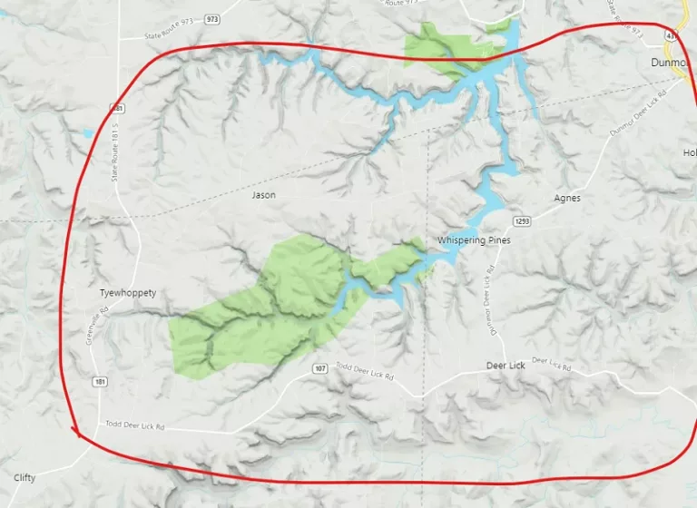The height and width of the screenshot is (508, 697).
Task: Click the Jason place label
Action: tap(263, 195)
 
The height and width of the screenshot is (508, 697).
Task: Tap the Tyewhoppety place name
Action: tap(128, 293)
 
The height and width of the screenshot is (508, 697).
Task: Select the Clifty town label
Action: tap(25, 477)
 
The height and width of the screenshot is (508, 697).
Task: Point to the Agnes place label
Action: tap(566, 198)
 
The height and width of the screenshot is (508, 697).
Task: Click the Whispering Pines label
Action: tap(474, 240)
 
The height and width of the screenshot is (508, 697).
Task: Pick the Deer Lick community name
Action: tap(506, 365)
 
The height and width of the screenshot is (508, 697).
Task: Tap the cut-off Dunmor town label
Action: tap(672, 63)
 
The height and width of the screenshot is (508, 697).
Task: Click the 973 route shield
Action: tap(212, 18)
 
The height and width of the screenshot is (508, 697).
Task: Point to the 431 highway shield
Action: tap(670, 34)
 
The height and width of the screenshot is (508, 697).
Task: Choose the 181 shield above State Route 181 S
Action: tap(117, 108)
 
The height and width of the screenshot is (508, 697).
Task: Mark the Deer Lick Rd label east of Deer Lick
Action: tap(551, 365)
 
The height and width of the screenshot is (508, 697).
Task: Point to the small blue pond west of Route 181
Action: tap(87, 133)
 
